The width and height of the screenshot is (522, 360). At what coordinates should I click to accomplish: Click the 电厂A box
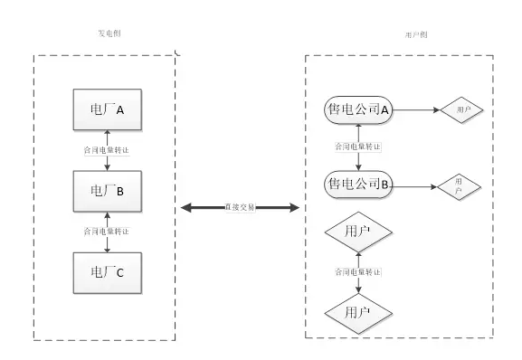pyautogui.click(x=108, y=110)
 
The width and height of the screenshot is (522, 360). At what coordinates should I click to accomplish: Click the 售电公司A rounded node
pyautogui.click(x=358, y=109)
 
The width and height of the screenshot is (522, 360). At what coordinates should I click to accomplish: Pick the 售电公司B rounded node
pyautogui.click(x=358, y=185)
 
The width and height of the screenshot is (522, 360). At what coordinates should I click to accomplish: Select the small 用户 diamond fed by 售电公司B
pyautogui.click(x=458, y=187)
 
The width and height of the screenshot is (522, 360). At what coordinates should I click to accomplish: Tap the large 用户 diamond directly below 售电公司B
pyautogui.click(x=358, y=232)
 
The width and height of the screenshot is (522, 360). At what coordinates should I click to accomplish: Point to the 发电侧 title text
pyautogui.click(x=109, y=33)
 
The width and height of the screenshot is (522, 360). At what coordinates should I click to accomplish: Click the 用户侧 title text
pyautogui.click(x=416, y=34)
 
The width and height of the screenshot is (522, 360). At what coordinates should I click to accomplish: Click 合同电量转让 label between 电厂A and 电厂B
pyautogui.click(x=107, y=151)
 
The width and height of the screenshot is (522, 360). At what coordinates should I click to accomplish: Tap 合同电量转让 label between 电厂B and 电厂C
pyautogui.click(x=107, y=231)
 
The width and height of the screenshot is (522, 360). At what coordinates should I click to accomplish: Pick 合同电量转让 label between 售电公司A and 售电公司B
pyautogui.click(x=358, y=147)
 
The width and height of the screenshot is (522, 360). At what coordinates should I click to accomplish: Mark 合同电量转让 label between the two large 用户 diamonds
pyautogui.click(x=358, y=272)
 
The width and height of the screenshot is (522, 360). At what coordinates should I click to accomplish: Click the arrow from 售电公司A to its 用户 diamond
pyautogui.click(x=415, y=109)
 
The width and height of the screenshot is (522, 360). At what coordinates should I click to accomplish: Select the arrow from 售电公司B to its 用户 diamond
pyautogui.click(x=413, y=186)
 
